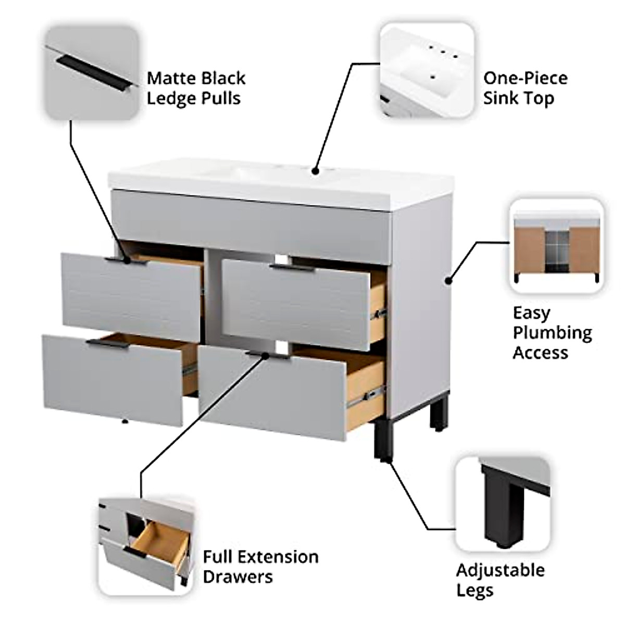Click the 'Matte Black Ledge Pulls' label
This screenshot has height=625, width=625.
point(195,88)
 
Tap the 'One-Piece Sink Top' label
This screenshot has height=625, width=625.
point(525,88)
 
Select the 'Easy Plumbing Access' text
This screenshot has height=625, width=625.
point(552,332)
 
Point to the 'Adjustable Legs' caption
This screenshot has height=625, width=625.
point(500,580)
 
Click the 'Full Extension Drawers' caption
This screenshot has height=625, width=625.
point(260,567)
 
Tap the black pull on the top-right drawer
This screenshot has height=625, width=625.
point(290,268)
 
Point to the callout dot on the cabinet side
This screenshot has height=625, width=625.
point(448,281)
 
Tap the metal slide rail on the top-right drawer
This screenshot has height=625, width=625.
point(379,314)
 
